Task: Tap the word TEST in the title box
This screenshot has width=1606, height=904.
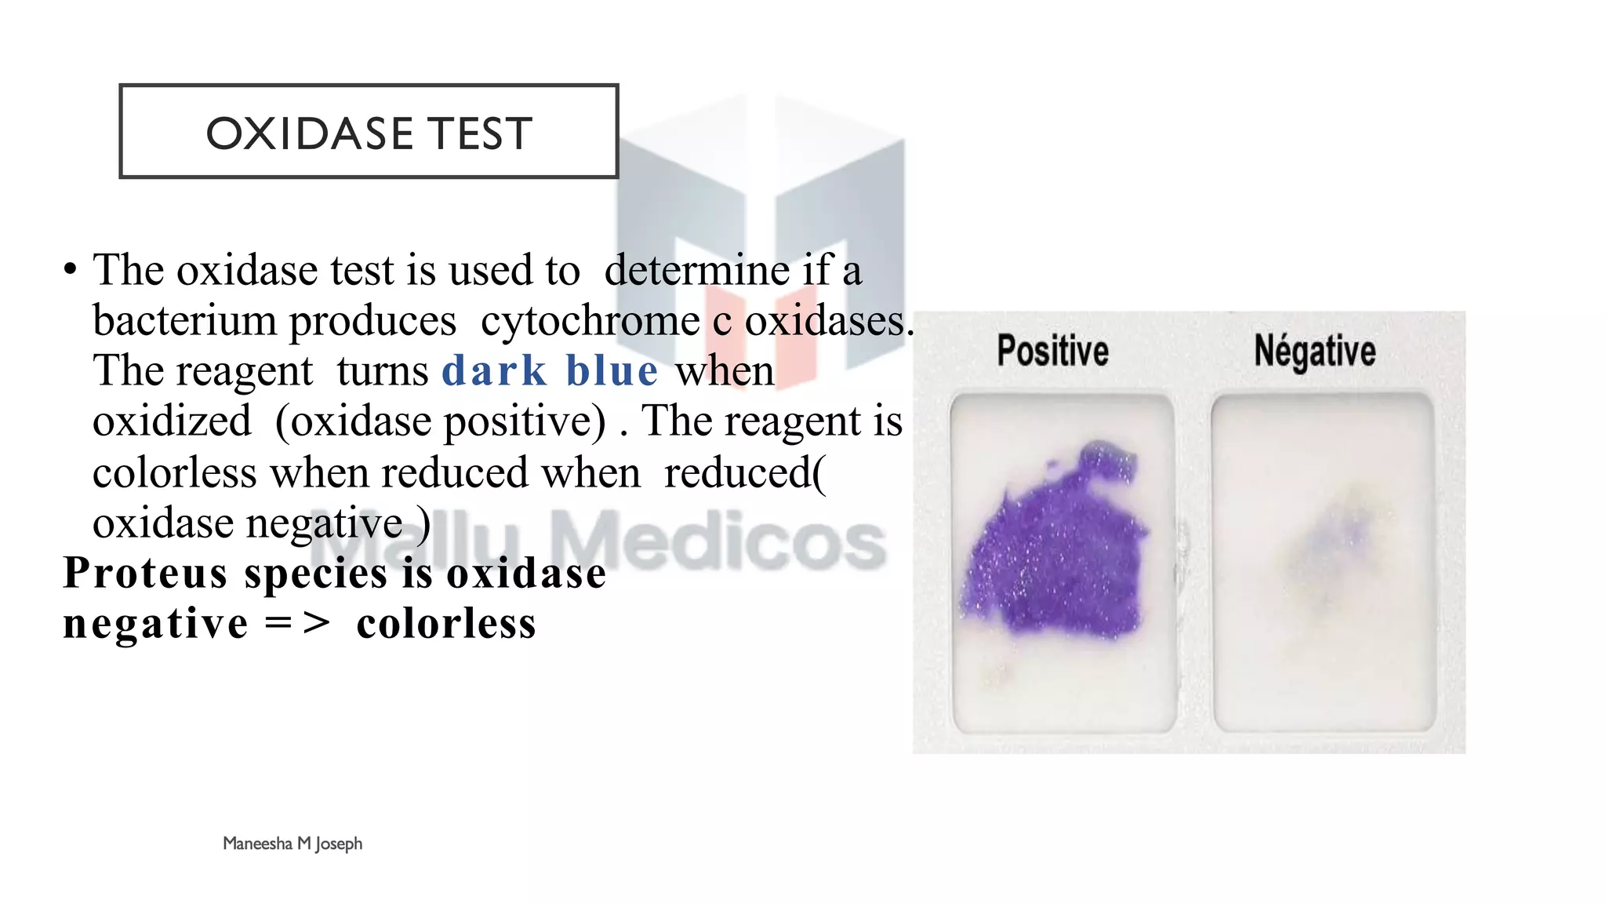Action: pyautogui.click(x=480, y=133)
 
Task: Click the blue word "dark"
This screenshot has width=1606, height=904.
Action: pyautogui.click(x=494, y=370)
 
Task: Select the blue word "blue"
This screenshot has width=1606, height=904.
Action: pyautogui.click(x=612, y=370)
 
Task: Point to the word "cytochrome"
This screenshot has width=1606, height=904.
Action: pyautogui.click(x=590, y=321)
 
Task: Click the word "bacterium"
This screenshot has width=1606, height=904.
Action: pyautogui.click(x=183, y=321)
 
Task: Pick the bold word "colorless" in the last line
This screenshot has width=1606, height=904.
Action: pyautogui.click(x=446, y=624)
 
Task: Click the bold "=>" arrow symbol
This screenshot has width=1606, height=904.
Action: pyautogui.click(x=297, y=624)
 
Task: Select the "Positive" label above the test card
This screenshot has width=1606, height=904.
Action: pyautogui.click(x=1052, y=350)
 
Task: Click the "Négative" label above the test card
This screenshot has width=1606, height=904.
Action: pyautogui.click(x=1315, y=350)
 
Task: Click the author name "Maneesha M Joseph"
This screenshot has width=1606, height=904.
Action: pyautogui.click(x=292, y=844)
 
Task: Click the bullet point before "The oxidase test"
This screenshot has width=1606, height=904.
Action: pyautogui.click(x=71, y=270)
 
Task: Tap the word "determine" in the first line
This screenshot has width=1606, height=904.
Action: pyautogui.click(x=697, y=271)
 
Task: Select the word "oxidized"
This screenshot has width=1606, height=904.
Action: pyautogui.click(x=172, y=421)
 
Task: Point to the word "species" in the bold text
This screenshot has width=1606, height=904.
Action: pyautogui.click(x=316, y=574)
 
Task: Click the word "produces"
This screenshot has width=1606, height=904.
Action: pyautogui.click(x=372, y=321)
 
